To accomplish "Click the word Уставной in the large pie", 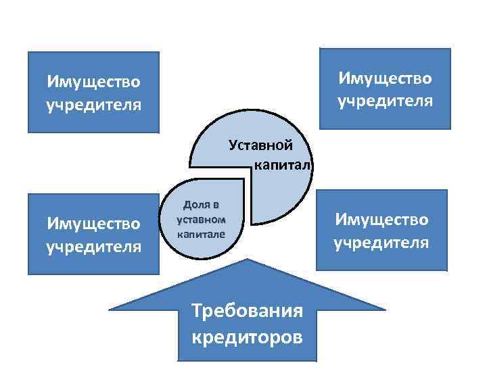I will [x=260, y=145].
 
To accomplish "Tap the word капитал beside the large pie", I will [x=282, y=165].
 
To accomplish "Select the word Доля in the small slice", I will [x=201, y=205].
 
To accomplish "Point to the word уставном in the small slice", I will [x=200, y=220].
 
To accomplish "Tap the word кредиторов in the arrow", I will [x=247, y=337].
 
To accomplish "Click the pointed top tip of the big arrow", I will [x=248, y=260].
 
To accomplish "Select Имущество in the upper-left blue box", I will [x=94, y=82].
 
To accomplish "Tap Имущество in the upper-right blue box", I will [x=385, y=78].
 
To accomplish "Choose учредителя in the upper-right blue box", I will [x=385, y=101].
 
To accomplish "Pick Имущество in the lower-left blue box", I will [x=94, y=222].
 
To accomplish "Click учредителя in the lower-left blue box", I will [x=94, y=245].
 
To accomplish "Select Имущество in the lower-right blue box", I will [x=381, y=219].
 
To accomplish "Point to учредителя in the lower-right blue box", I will [x=381, y=242].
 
